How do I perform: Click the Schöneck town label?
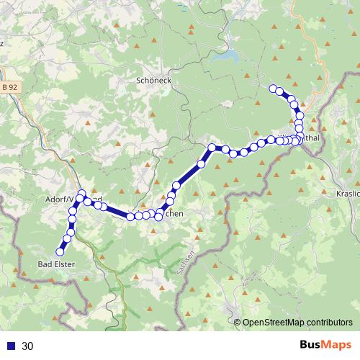point(153,81)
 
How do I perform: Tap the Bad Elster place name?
point(55,264)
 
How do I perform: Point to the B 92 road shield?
point(10,87)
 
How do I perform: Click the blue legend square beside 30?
point(10,346)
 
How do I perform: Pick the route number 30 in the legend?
point(28,346)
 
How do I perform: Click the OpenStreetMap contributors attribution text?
point(298,322)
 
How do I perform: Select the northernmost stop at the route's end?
point(273,89)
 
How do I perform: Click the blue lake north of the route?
point(229,55)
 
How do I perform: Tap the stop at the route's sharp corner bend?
point(212,148)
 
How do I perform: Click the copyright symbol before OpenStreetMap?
point(238,322)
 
